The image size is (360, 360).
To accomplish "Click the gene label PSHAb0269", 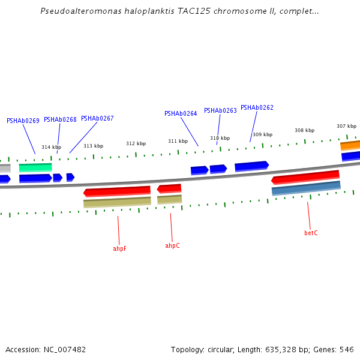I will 23,121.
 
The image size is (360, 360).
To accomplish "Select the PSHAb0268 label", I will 60,119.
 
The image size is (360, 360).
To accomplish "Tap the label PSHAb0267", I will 97,118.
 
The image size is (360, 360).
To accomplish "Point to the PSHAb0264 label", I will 181,113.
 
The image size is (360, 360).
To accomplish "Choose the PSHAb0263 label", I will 220,110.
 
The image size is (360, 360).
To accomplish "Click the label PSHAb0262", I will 257,107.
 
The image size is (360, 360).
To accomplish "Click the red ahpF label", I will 119,248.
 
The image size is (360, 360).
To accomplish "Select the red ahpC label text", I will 172,245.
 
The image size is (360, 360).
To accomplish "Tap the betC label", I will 311,233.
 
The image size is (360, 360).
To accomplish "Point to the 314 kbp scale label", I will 51,147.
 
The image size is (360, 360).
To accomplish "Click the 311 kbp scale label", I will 178,142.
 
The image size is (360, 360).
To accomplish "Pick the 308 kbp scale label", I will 304,130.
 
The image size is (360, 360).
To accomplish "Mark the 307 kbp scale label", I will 346,126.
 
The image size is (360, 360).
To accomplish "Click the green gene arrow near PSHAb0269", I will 35,167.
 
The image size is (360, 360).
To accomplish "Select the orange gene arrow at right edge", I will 350,145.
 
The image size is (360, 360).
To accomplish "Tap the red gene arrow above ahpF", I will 117,191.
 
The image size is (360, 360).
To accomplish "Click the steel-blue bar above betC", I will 306,188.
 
